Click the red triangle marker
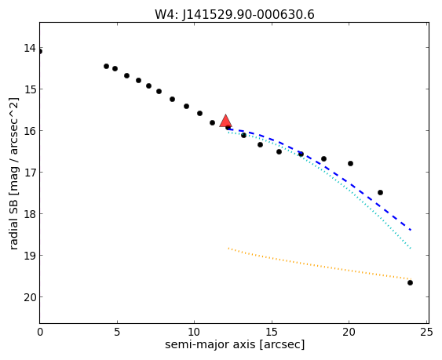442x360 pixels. coord(225,121)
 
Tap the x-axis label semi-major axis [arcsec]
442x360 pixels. coord(235,344)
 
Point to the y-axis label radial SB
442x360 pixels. coord(13,224)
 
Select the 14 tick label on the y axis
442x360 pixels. coord(30,48)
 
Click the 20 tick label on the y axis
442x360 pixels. coord(30,297)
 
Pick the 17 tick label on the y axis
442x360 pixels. coord(30,173)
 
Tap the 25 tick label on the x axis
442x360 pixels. coord(426,333)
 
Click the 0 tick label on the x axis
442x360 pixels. coord(40,333)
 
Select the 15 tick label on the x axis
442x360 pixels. coord(272,333)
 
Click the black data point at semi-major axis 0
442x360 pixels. coord(40,51)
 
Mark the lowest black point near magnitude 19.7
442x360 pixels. coord(410,282)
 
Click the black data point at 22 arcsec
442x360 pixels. coord(380,192)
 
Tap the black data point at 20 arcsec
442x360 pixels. coord(350,163)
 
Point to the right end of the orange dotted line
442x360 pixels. coord(411,279)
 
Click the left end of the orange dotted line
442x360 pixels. coord(228,248)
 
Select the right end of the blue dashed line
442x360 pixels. coord(411,230)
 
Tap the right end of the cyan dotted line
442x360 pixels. coord(411,248)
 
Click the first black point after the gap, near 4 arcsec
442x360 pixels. coord(106,66)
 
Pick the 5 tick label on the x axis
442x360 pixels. coord(117,333)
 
